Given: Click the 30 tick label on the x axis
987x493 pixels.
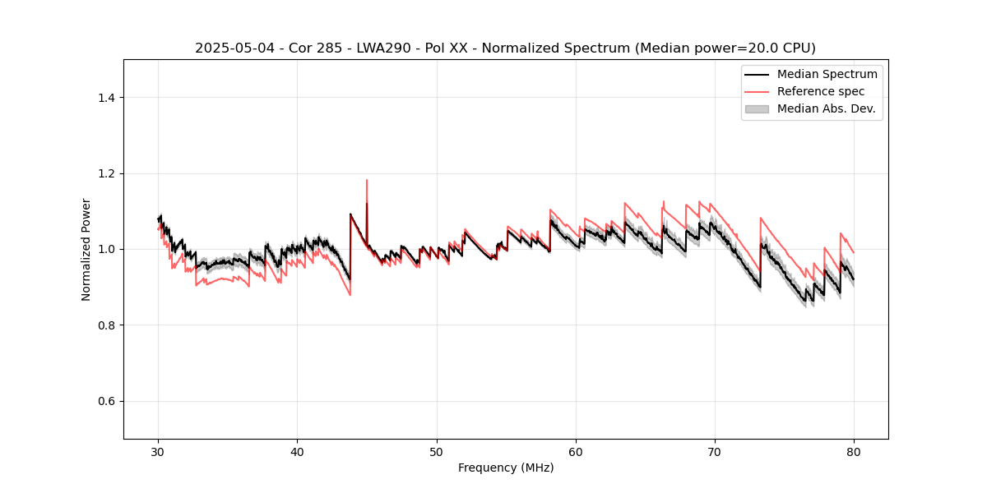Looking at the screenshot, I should click(x=159, y=452).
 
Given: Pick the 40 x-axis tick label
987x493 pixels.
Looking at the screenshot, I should click(x=298, y=452).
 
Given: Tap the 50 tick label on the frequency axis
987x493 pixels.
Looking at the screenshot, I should click(x=437, y=452).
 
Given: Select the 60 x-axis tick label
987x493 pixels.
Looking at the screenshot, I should click(x=576, y=452).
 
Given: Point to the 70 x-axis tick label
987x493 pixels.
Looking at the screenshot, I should click(x=715, y=452).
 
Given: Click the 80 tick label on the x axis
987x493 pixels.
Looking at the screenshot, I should click(x=854, y=452).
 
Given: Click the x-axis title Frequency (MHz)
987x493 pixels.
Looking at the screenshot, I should click(x=506, y=468).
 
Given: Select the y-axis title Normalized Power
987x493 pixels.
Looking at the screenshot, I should click(x=86, y=249).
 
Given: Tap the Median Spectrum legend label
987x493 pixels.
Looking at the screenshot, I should click(x=827, y=74).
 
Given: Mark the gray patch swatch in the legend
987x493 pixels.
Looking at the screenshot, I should click(x=757, y=108).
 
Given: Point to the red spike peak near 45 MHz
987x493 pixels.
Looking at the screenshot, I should click(x=367, y=180).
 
